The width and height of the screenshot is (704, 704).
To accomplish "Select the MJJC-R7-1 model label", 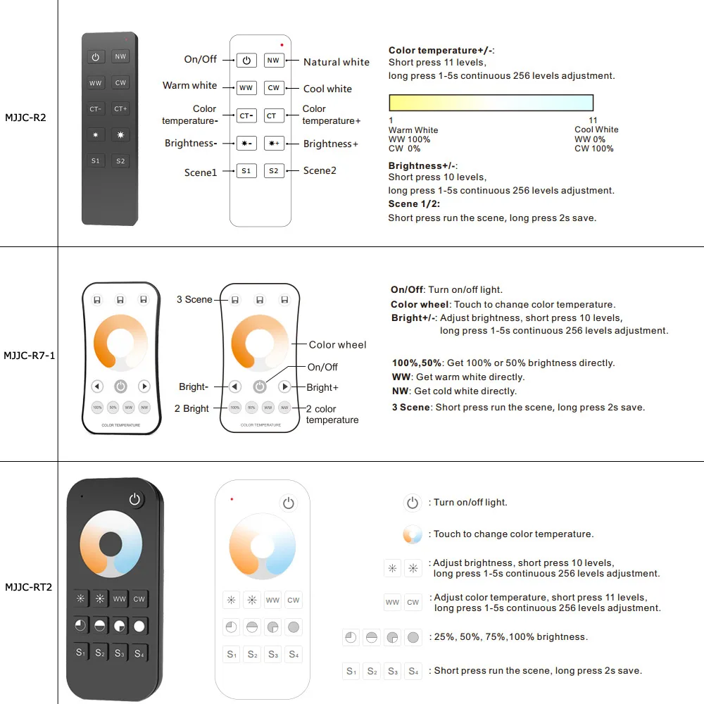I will coord(29,356).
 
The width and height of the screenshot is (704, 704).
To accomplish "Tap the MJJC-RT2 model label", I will coord(29,587).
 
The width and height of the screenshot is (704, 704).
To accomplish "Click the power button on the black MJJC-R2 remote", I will coord(96,57).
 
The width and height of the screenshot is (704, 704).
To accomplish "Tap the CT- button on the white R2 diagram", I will coord(246,115).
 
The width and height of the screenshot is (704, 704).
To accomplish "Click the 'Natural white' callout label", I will coord(336,62).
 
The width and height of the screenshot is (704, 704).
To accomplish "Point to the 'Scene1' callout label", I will coord(201,172).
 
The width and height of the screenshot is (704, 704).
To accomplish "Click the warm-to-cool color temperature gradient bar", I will coord(491,103).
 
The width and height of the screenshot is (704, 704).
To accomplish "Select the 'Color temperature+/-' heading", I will coord(441,51).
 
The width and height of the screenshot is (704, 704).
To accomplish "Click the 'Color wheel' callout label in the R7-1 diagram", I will coord(337,345).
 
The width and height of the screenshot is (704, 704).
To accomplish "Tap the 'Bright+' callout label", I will coord(322,387).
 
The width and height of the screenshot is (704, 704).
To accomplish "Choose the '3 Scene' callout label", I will coord(194,300).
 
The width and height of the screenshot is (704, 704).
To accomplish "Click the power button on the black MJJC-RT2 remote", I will coord(135,500).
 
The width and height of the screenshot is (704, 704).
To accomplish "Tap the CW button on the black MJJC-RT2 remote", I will coord(139,599).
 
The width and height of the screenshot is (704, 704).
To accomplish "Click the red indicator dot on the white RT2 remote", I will coord(232,499).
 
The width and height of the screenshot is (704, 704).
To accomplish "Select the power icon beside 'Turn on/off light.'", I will coord(413,503).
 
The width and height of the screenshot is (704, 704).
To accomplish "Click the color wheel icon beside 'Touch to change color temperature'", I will coord(412,534).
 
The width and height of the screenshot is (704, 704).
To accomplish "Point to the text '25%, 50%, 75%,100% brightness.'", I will coord(510,637).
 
